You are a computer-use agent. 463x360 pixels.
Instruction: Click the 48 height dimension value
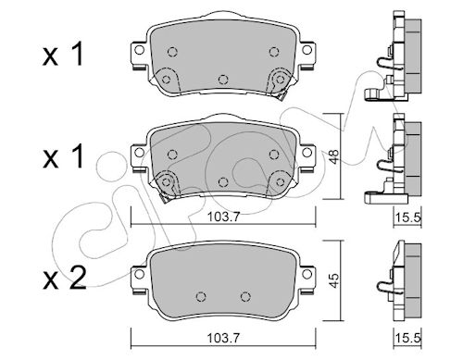point(334,156)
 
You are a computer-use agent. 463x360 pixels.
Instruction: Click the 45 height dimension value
point(334,280)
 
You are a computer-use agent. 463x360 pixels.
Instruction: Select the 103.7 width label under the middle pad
point(223,217)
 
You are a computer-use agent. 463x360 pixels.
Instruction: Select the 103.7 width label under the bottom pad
point(223,338)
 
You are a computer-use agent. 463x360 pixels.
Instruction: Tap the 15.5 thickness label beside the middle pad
point(408,217)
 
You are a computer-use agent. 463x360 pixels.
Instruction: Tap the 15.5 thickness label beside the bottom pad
point(408,338)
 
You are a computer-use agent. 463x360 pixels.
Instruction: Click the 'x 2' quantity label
point(65,278)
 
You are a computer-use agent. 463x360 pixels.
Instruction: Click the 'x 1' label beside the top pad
point(64,55)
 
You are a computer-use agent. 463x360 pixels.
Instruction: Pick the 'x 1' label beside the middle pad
point(64,156)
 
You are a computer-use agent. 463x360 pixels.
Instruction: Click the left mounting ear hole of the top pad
point(139,50)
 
